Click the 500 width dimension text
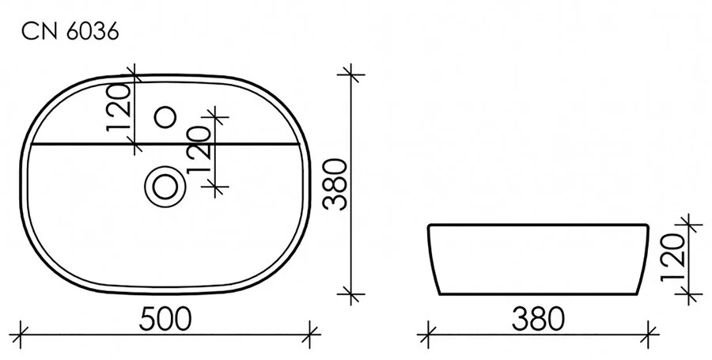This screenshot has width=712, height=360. tap(166, 320)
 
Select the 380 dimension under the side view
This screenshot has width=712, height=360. tap(538, 320)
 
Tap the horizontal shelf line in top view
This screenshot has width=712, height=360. tap(79, 144)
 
